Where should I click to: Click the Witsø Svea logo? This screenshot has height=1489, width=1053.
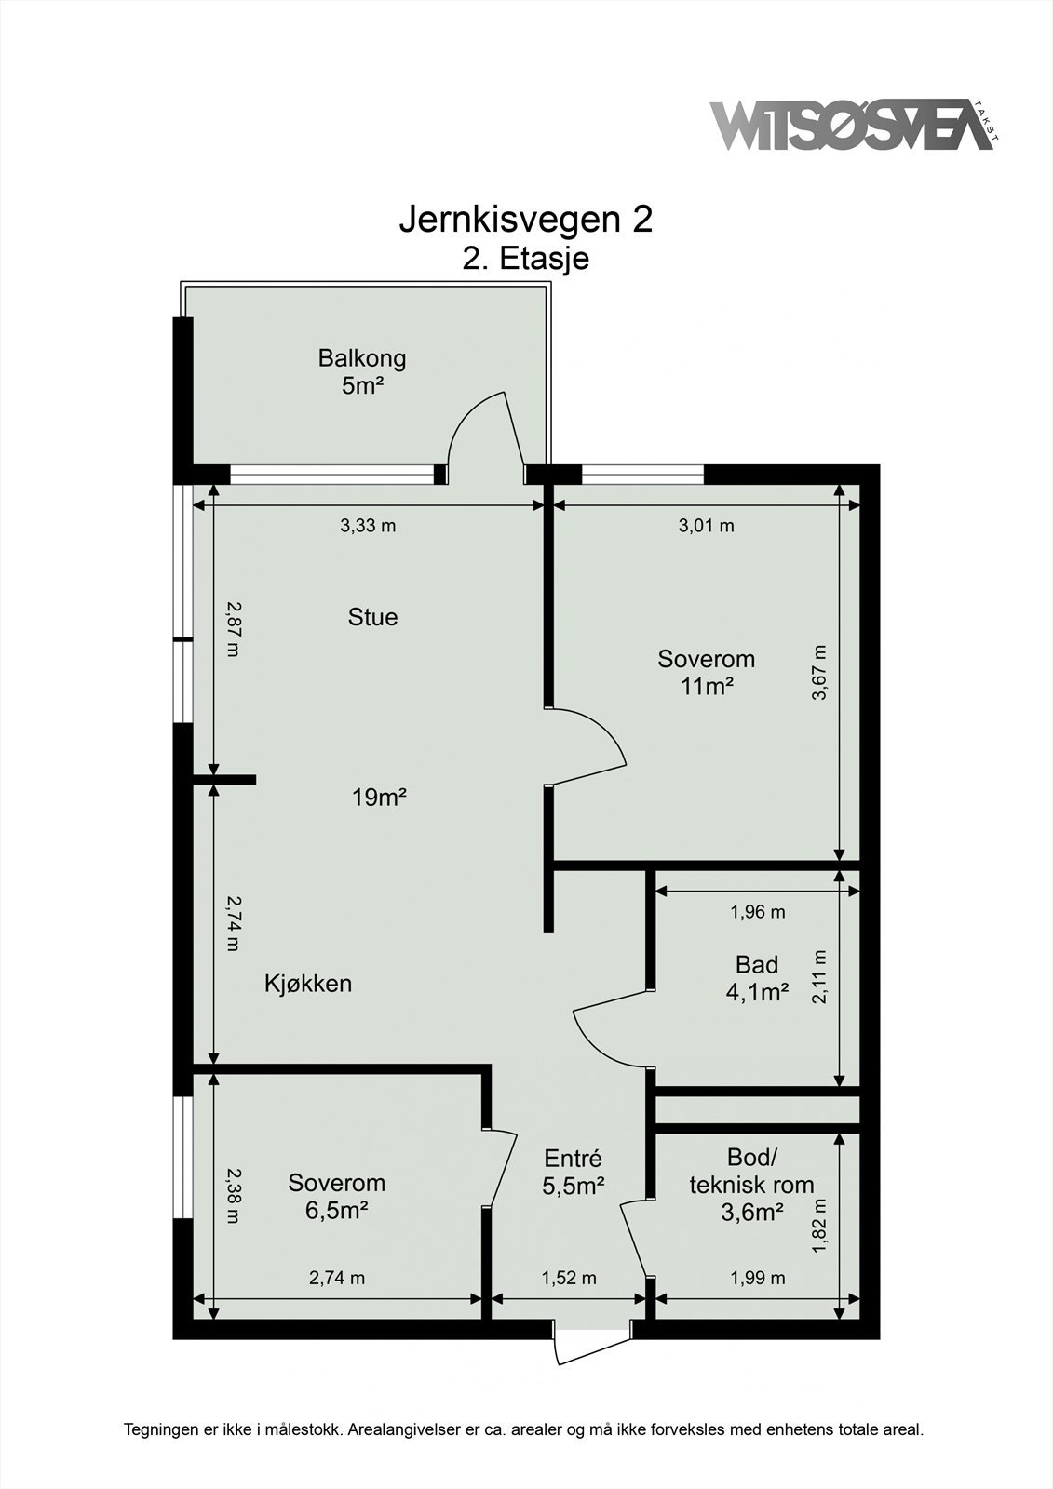pos(855,126)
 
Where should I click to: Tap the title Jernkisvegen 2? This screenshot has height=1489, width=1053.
pos(525,220)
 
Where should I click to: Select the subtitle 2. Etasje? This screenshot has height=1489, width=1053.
pos(525,259)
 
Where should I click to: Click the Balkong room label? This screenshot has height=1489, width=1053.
pos(362,359)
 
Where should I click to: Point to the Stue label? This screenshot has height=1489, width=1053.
pos(372,617)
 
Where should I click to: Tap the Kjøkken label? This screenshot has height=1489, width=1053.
pos(308,983)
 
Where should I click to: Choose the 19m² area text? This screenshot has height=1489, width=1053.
pos(379,797)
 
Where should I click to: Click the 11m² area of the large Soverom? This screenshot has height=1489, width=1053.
pos(707,687)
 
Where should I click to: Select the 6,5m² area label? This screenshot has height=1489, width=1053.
pos(337,1211)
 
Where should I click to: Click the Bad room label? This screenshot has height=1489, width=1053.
pos(757,964)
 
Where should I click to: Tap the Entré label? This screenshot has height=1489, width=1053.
pos(573,1159)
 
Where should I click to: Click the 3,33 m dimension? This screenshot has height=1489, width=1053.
pos(368,526)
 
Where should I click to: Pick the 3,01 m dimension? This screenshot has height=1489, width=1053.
pos(707,526)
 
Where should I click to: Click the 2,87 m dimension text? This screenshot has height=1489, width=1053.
pos(233,629)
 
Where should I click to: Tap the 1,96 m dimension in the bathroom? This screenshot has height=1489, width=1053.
pos(758,911)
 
